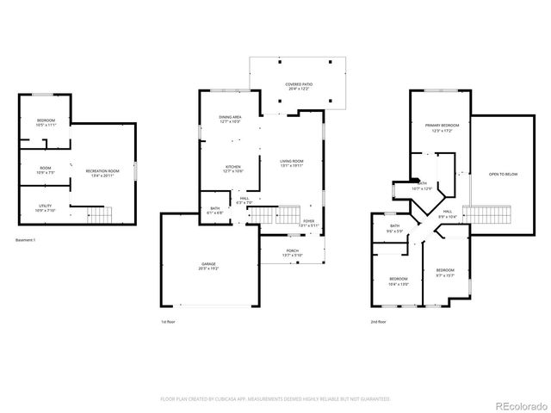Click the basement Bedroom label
[x=46, y=120]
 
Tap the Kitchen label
[x=232, y=167]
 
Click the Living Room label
[x=292, y=161]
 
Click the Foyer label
[x=307, y=220]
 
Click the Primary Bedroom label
[x=442, y=126]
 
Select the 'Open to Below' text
[x=503, y=173]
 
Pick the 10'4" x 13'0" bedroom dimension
[x=398, y=283]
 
